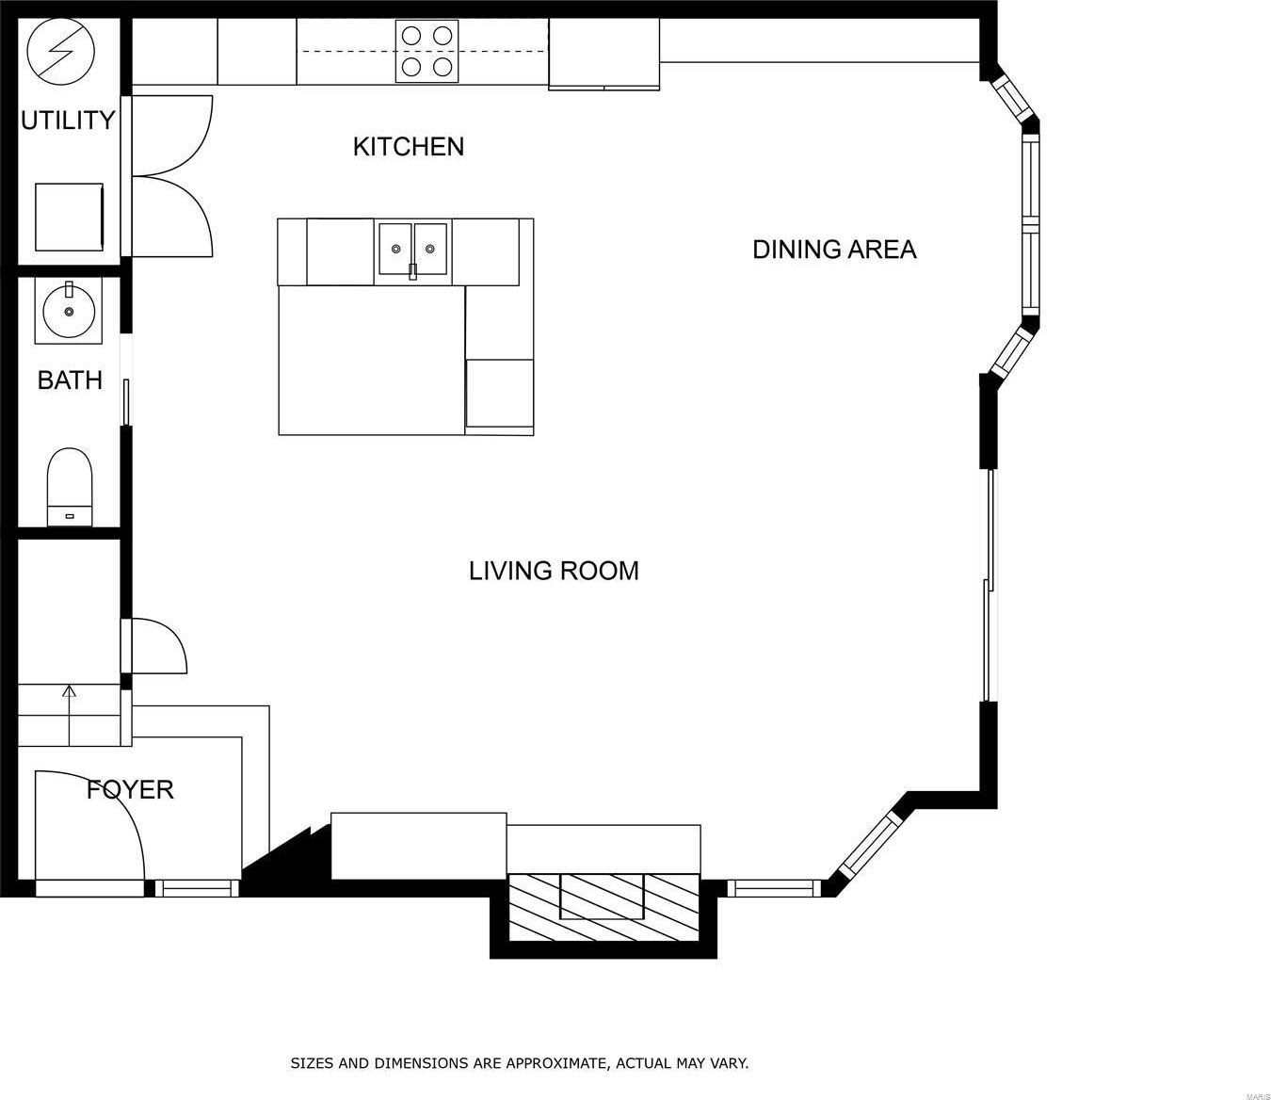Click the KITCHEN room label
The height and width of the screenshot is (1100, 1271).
409,146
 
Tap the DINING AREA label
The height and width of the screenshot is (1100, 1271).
834,250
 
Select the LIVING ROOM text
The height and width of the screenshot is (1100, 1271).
554,571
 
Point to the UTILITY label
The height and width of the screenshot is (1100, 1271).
68,120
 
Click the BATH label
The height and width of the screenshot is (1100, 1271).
70,380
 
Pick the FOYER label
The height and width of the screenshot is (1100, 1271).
130,789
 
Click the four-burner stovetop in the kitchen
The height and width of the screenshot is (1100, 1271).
426,51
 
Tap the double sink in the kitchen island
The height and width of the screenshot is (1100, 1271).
412,249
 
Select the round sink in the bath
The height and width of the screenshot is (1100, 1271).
68,311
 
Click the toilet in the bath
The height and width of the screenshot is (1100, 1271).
70,487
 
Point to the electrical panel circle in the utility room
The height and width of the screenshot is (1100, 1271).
61,52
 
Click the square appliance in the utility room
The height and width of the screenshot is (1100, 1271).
69,217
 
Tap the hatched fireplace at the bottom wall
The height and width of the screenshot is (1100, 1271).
604,907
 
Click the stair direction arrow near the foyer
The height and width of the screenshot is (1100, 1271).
69,716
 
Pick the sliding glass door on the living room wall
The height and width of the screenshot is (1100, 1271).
989,585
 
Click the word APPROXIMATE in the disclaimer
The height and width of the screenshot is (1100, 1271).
556,1063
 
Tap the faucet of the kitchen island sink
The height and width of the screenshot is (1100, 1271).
412,270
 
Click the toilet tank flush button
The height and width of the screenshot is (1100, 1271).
70,515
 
